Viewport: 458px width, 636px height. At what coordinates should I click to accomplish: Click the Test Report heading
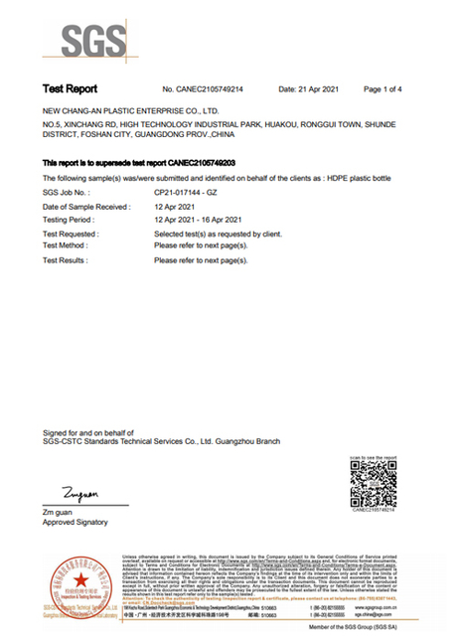(x=68, y=89)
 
